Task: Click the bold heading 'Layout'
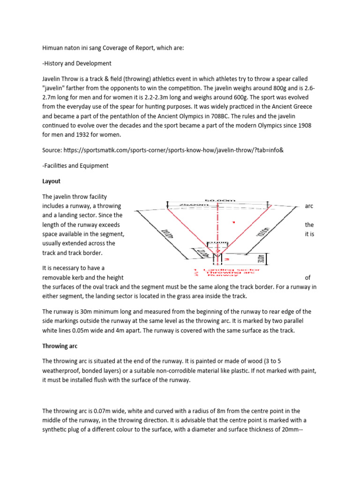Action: pyautogui.click(x=51, y=180)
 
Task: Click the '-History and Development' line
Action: pyautogui.click(x=77, y=63)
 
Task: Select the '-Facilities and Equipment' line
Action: pyautogui.click(x=75, y=165)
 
